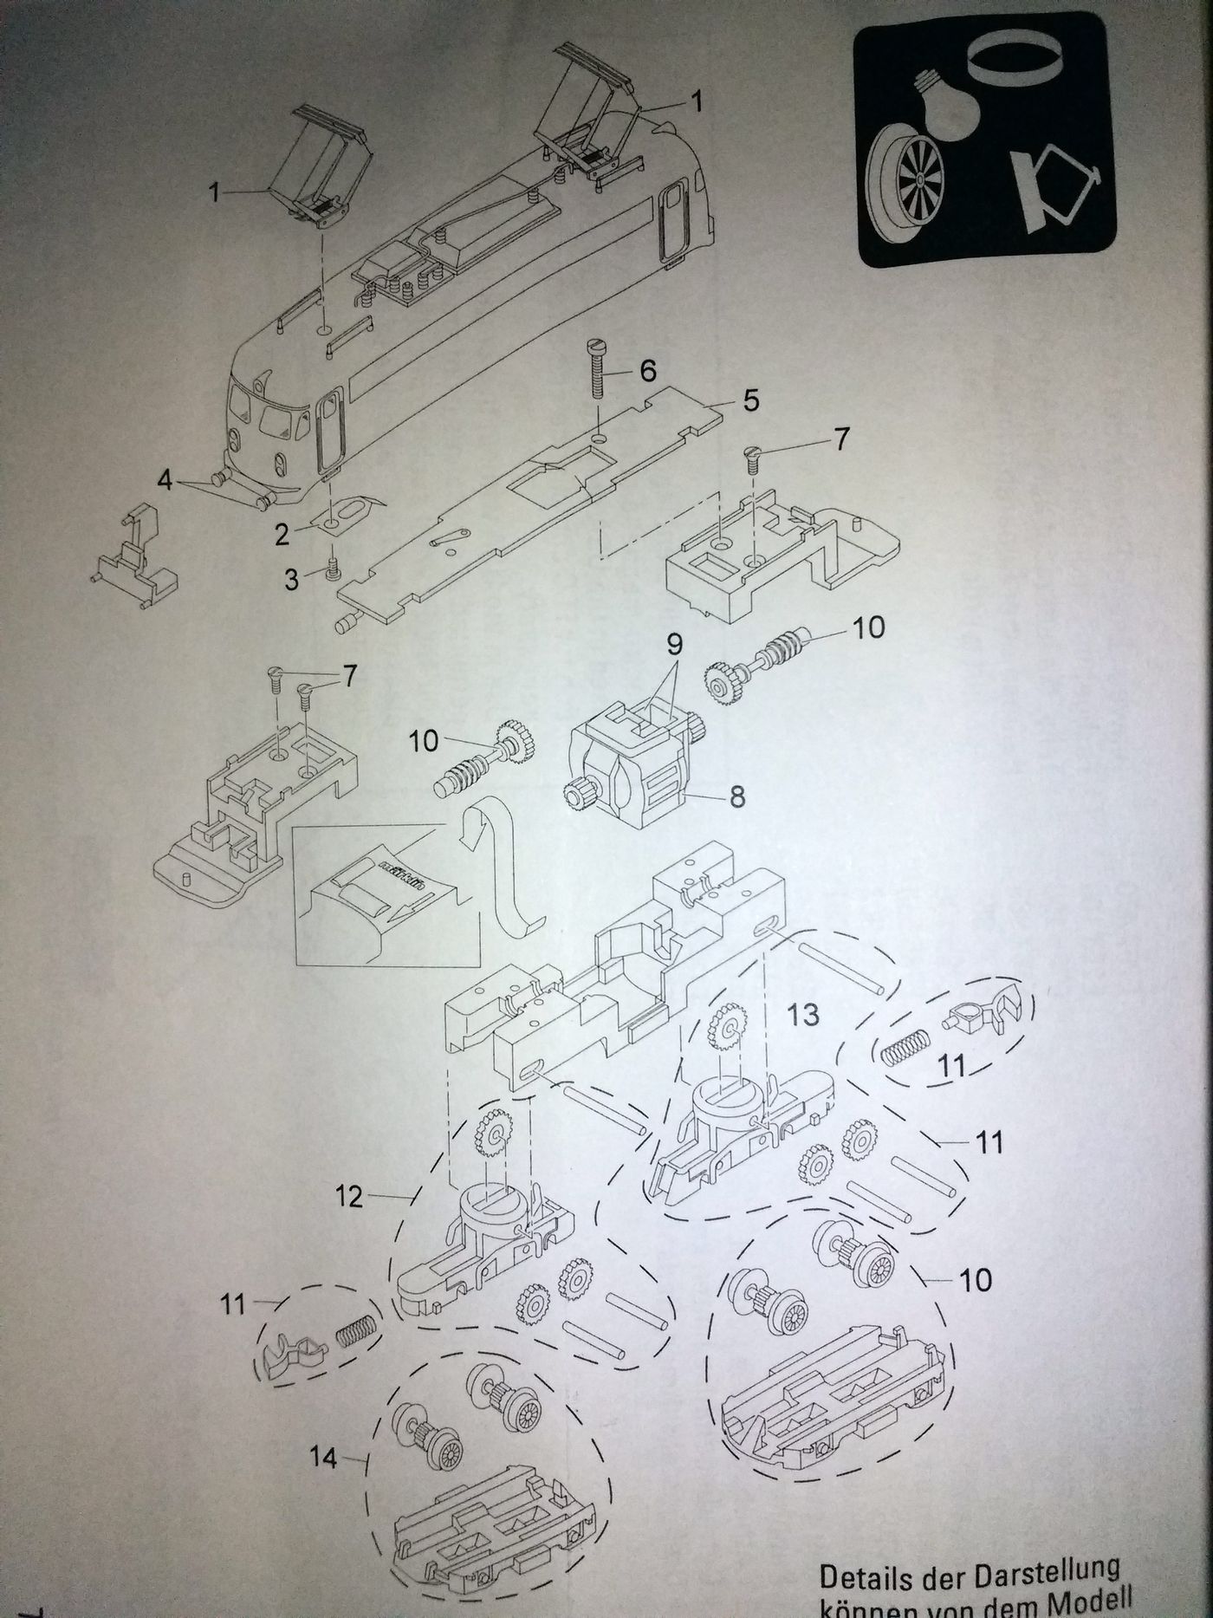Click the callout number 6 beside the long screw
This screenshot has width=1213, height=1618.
647,371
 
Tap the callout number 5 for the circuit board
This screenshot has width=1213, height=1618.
749,400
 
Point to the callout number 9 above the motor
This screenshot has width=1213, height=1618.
674,644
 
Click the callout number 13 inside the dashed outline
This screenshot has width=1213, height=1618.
804,1014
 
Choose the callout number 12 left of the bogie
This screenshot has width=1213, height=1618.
348,1197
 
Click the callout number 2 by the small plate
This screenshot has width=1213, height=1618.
282,535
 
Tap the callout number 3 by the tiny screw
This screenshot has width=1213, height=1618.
292,579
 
